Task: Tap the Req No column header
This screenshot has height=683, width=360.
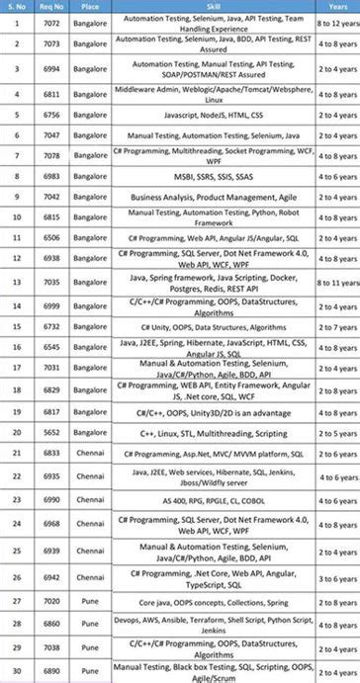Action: [x=49, y=6]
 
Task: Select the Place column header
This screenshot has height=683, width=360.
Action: [x=90, y=6]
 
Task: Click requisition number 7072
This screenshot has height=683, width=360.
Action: [x=49, y=21]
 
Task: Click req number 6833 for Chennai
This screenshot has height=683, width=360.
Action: [x=49, y=453]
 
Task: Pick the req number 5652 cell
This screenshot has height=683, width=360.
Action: [x=49, y=432]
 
